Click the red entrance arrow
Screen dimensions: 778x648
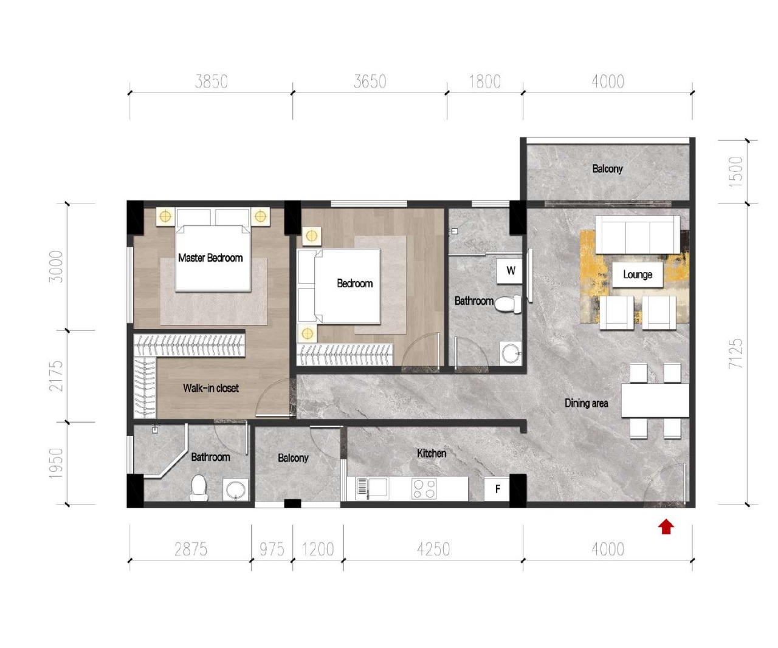coord(666,527)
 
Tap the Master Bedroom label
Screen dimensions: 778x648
coord(210,257)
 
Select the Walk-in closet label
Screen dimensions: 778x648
coord(210,388)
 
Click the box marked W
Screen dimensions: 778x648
coord(510,271)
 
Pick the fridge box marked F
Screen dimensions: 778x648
coord(497,489)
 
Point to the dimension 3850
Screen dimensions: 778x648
coord(212,81)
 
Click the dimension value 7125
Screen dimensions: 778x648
coord(735,354)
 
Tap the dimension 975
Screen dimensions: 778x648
coord(272,549)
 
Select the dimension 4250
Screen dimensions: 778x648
coord(433,549)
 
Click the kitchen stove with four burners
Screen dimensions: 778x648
coord(424,489)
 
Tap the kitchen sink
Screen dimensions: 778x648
coord(371,489)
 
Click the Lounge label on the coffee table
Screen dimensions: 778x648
coord(638,275)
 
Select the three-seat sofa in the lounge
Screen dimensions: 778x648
coord(638,234)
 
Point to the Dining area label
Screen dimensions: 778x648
coord(586,403)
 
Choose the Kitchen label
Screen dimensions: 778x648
coord(432,453)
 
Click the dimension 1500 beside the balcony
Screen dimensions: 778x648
coord(735,172)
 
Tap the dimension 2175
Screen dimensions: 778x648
coord(56,376)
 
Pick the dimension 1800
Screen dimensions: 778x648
coord(485,81)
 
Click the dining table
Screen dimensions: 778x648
coord(655,401)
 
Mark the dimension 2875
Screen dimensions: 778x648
coord(190,549)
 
